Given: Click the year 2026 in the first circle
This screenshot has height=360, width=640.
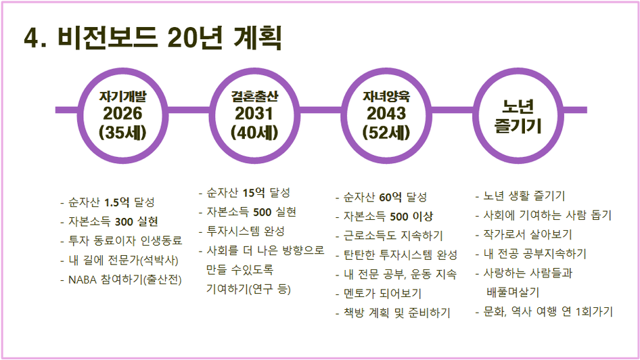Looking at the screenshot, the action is click(122, 114).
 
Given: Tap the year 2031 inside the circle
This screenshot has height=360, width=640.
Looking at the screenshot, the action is click(254, 114).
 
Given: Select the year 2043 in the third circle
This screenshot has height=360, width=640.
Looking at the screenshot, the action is click(386, 114).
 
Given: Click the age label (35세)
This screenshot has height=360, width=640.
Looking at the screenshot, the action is click(122, 132).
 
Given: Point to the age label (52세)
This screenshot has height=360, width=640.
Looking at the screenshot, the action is click(386, 132).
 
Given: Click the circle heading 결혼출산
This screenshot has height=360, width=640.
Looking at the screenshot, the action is click(254, 96).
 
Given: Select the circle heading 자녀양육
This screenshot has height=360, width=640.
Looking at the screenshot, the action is click(386, 96).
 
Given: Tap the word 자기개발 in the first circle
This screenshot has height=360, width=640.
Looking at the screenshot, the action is click(122, 96).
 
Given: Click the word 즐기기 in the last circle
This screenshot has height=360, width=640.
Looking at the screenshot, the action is click(518, 125).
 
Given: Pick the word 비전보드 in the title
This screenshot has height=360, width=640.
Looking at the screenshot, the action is click(108, 38).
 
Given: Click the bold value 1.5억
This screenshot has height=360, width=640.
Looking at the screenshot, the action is click(117, 202).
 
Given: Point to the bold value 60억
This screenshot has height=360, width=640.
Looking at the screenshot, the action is click(390, 197).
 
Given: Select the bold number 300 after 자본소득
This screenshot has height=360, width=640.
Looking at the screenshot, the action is click(124, 222).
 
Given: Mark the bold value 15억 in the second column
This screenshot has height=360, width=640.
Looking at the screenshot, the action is click(254, 193).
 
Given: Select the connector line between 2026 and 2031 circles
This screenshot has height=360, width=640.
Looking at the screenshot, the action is click(188, 110).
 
